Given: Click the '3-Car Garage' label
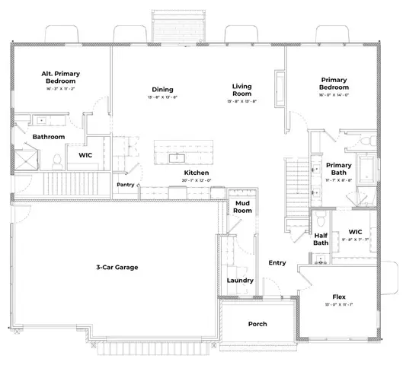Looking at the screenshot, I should pyautogui.click(x=123, y=267).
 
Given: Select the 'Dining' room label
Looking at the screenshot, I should pyautogui.click(x=162, y=89).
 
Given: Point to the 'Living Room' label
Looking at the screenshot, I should pyautogui.click(x=242, y=90).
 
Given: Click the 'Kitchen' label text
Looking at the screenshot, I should pyautogui.click(x=197, y=173).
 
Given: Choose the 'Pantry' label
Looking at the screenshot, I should pyautogui.click(x=126, y=185).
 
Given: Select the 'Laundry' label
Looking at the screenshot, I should pyautogui.click(x=240, y=280).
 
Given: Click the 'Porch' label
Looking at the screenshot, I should pyautogui.click(x=258, y=324).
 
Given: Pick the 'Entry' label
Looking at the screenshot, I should pyautogui.click(x=277, y=263).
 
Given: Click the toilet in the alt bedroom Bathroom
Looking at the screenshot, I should pyautogui.click(x=57, y=160).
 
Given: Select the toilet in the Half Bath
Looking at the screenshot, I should pyautogui.click(x=321, y=221).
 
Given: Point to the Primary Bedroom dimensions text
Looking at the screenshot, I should pyautogui.click(x=334, y=96).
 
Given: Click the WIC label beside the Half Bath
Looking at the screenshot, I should pyautogui.click(x=355, y=232).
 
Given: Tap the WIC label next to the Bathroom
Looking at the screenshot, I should pyautogui.click(x=85, y=155).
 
